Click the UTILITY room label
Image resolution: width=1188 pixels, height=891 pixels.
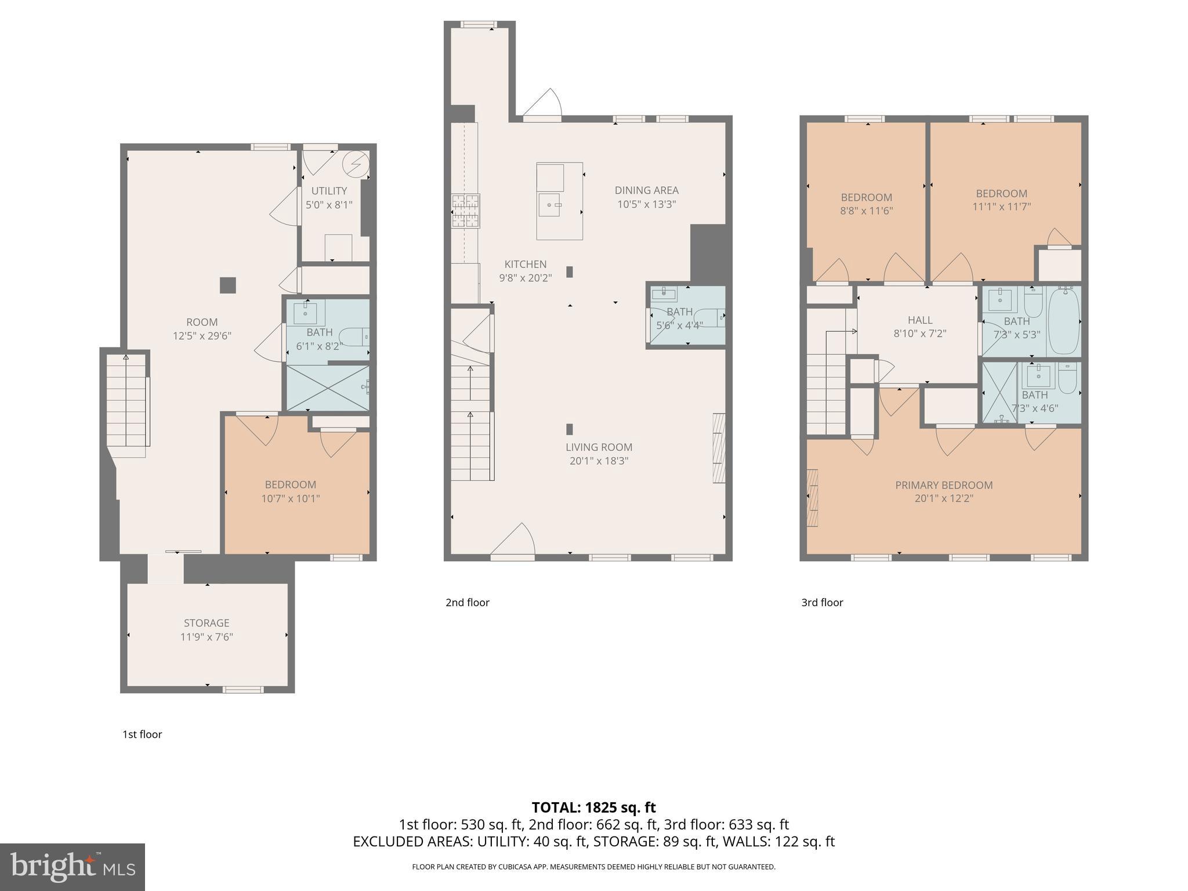[x=329, y=191]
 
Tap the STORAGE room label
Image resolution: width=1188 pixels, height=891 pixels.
[x=207, y=623]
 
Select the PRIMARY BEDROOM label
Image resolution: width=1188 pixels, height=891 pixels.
[x=944, y=485]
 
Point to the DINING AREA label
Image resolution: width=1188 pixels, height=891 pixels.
[x=646, y=190]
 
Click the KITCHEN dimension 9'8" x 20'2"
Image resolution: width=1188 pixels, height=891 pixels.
[x=525, y=278]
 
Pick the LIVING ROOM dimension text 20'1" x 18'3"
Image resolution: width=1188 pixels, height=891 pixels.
[x=599, y=461]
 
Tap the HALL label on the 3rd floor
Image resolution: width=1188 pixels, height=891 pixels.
[x=920, y=320]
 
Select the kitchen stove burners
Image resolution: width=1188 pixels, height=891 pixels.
[x=465, y=211]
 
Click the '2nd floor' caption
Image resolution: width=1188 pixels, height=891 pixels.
[x=467, y=603]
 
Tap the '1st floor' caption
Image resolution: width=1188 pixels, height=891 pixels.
[x=142, y=734]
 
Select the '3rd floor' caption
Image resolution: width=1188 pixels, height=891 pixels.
[x=822, y=603]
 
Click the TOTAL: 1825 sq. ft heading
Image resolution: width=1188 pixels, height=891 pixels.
[x=593, y=807]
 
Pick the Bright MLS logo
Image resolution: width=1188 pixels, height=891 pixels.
[x=72, y=867]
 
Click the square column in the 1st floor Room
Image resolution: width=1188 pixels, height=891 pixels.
[x=228, y=285]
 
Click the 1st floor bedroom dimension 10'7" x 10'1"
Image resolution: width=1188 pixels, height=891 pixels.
[x=290, y=498]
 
